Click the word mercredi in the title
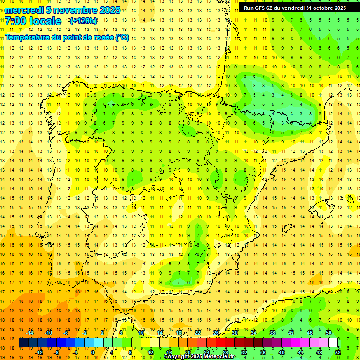pyautogui.click(x=24, y=10)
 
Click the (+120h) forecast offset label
pyautogui.click(x=83, y=21)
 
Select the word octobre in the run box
pyautogui.click(x=320, y=8)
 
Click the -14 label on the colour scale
pyautogui.click(x=30, y=333)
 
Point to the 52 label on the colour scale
pyautogui.click(x=338, y=352)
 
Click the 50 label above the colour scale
pyautogui.click(x=329, y=333)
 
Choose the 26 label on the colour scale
pyautogui.click(x=216, y=333)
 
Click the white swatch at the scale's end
pyautogui.click(x=333, y=343)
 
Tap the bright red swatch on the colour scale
pyautogui.click(x=220, y=343)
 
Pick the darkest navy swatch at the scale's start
pyautogui.click(x=23, y=343)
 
